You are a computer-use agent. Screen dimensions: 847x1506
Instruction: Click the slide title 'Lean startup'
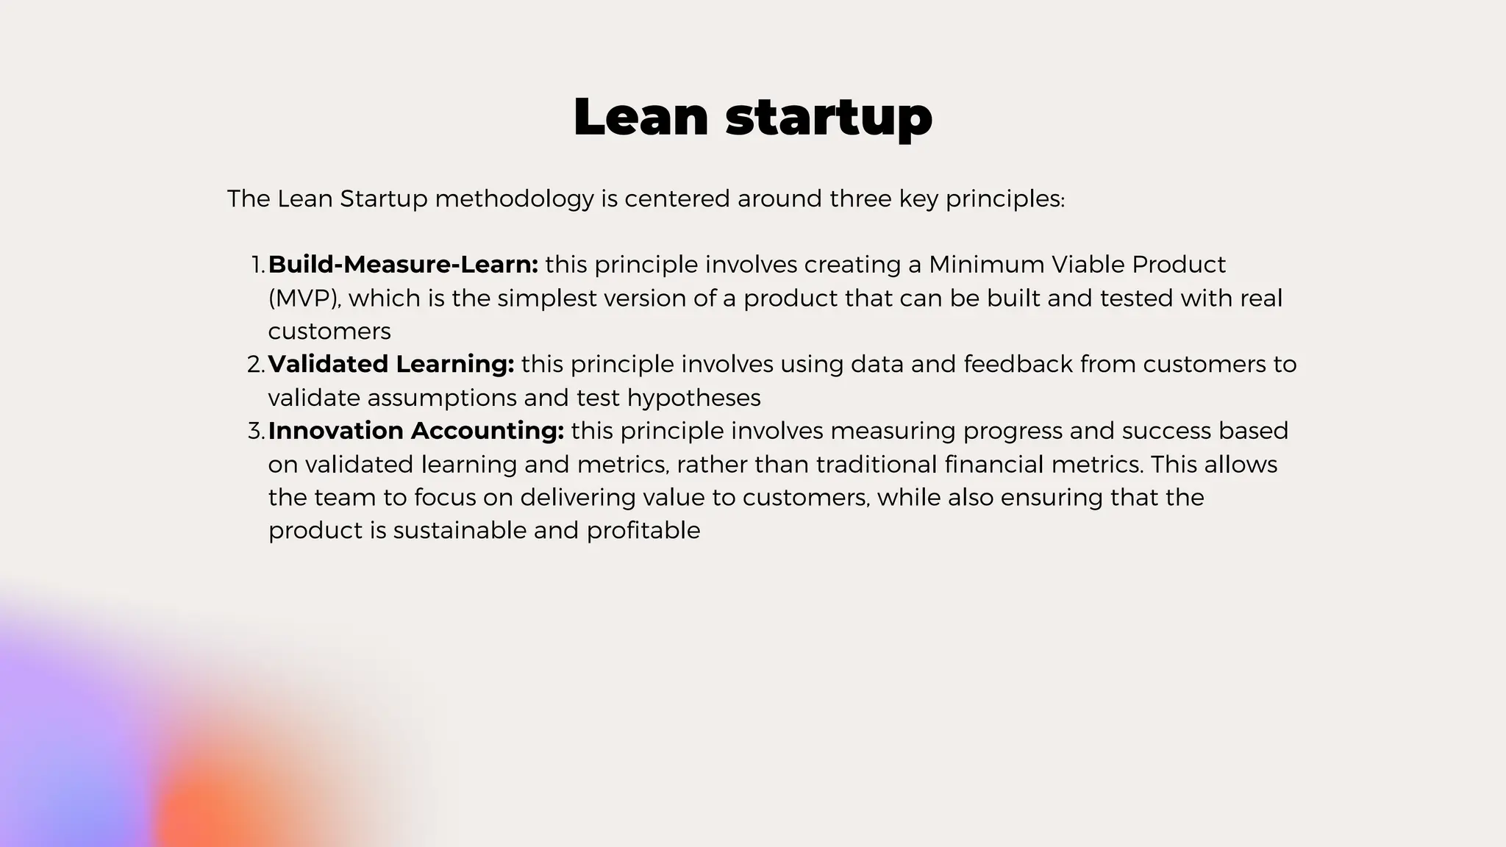[x=752, y=117]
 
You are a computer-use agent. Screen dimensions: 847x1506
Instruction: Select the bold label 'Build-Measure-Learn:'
[x=403, y=265]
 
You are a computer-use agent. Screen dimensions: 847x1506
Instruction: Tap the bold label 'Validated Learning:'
[x=390, y=364]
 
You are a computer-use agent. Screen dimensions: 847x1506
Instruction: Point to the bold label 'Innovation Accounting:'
[x=415, y=431]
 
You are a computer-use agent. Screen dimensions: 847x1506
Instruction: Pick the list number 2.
[x=255, y=364]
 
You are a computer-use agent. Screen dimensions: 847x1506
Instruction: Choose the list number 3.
[x=255, y=431]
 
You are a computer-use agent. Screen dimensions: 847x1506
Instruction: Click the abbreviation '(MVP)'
[x=304, y=299]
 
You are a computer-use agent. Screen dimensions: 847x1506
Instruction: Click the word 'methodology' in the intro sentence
[x=514, y=199]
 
